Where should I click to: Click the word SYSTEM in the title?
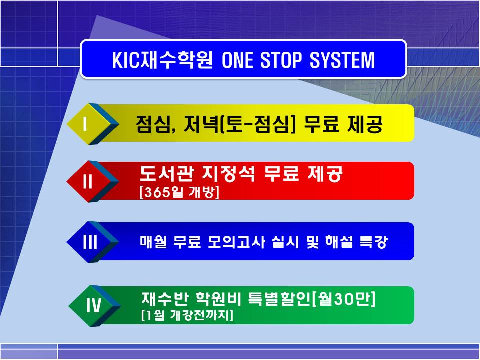[342, 59]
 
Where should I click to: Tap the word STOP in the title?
[280, 59]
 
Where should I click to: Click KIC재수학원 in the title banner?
[162, 59]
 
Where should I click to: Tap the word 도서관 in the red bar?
[166, 174]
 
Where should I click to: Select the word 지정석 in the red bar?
[228, 174]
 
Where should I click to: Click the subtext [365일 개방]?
[179, 192]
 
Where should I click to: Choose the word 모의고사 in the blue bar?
[236, 242]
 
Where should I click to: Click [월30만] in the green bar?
[344, 299]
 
